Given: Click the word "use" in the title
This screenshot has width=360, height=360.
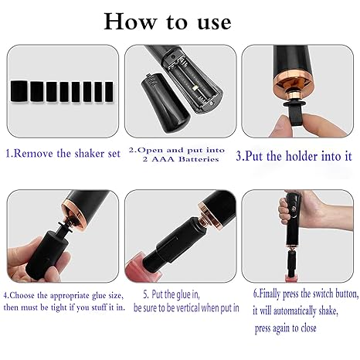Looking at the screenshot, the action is pyautogui.click(x=214, y=23).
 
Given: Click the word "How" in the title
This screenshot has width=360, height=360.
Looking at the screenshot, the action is pyautogui.click(x=131, y=22).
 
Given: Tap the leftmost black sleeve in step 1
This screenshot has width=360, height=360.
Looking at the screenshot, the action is pyautogui.click(x=19, y=91).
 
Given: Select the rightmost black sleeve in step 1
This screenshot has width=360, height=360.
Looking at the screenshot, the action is pyautogui.click(x=109, y=92).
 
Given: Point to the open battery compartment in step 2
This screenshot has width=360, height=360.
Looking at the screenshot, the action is pyautogui.click(x=192, y=83).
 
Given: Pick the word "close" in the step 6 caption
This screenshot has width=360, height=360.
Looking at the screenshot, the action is pyautogui.click(x=308, y=328).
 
